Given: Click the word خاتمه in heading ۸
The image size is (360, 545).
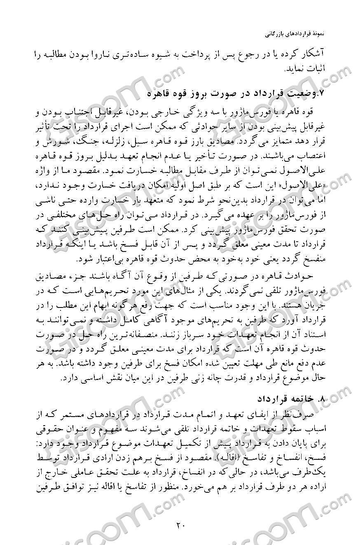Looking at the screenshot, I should pos(303,399).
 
